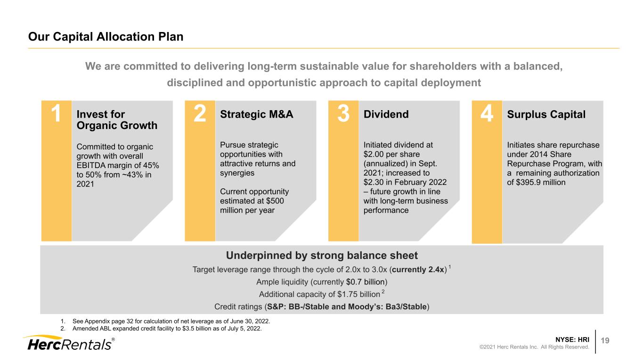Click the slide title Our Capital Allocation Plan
106,37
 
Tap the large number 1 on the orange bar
56,113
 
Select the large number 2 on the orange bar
200,113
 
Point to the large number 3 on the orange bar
343,113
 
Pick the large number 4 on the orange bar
487,113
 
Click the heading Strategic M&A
257,114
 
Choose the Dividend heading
386,114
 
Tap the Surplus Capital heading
546,114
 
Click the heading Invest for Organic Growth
117,120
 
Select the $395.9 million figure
541,183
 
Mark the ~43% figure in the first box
133,175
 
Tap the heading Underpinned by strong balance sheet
322,255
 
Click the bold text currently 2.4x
418,270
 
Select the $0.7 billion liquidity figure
366,282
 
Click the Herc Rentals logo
69,343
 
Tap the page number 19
605,340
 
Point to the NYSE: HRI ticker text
572,339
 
